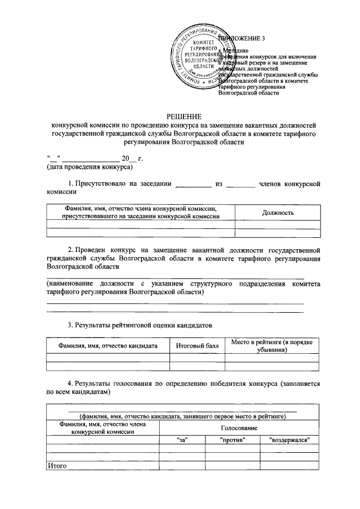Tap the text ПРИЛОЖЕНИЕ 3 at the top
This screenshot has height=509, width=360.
[x=243, y=38]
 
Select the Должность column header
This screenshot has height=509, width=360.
[x=278, y=212]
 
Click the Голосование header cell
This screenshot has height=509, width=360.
[x=238, y=428]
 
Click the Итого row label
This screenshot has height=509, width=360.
[x=57, y=466]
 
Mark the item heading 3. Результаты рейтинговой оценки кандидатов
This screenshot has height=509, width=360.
[x=139, y=325]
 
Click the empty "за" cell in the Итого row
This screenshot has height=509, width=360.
[x=182, y=466]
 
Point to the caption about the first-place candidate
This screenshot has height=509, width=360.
[x=183, y=416]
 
